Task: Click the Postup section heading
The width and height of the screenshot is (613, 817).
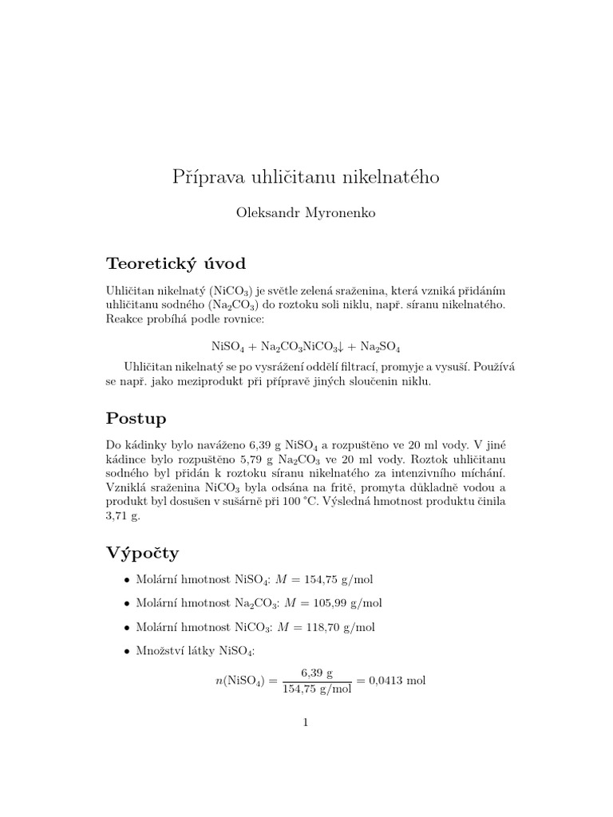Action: pos(136,419)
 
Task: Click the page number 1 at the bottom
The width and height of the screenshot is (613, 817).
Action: pos(306,723)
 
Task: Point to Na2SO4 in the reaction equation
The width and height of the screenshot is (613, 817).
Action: pos(381,347)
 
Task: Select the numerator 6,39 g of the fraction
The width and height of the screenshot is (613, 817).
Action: pos(316,672)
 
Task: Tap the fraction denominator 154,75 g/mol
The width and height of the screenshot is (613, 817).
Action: pos(317,689)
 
